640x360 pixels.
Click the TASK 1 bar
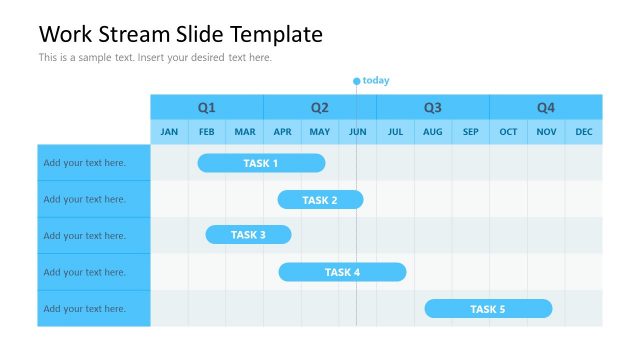coord(261,163)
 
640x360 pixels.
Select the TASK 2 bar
coord(320,200)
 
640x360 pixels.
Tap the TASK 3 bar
coord(248,235)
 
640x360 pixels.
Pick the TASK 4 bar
coord(342,272)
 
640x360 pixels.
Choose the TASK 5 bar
coord(488,309)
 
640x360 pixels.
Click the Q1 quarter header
coord(206,107)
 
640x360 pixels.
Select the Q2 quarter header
coord(320,107)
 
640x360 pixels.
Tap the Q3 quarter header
coord(432,107)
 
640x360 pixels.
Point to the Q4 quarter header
coord(546,107)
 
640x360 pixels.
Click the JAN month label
coord(169,132)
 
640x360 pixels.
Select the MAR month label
coord(245,132)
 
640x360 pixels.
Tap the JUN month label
coord(358,132)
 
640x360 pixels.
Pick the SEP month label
coord(471,132)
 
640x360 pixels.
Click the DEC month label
coord(584,132)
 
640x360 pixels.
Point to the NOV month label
coord(546,132)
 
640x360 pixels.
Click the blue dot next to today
coord(356,81)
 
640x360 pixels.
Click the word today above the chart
coord(376,80)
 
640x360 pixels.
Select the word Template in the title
coord(276,34)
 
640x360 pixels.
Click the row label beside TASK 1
coord(85,163)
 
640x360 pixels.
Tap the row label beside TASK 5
coord(85,309)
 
